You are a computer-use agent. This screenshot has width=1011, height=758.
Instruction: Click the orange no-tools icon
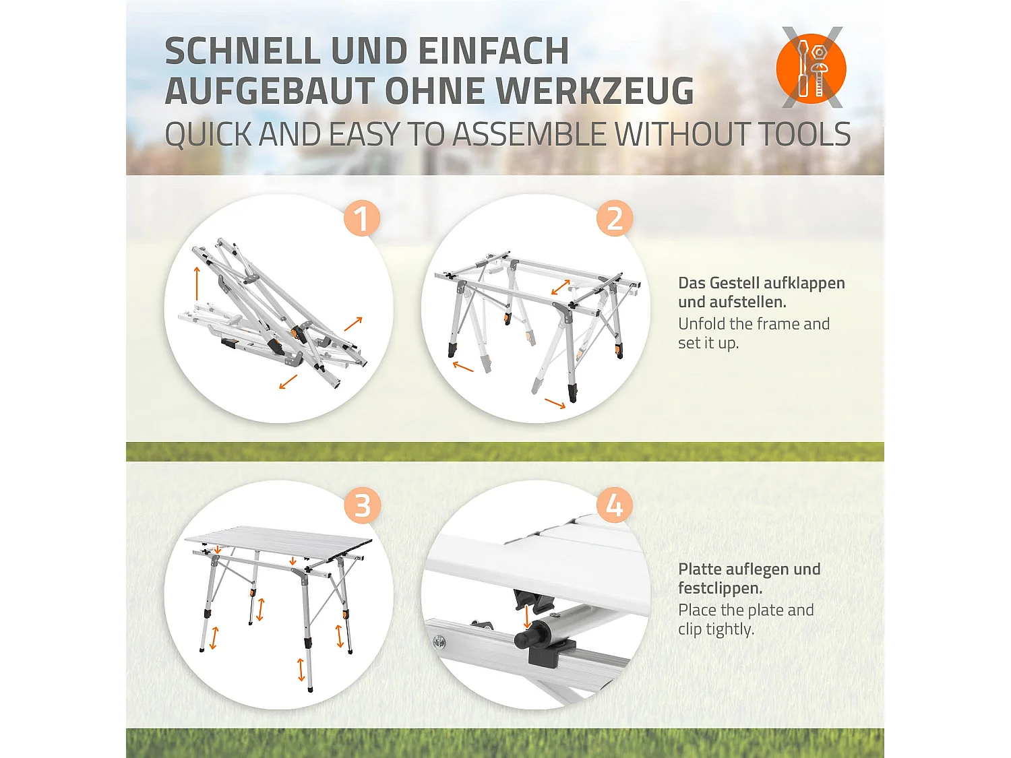(811, 68)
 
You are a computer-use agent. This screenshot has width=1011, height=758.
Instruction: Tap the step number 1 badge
(362, 218)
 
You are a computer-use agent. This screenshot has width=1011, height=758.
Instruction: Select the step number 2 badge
(615, 218)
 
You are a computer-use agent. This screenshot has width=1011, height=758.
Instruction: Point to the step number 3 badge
(362, 505)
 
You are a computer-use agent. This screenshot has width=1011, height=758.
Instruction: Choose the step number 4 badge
(615, 505)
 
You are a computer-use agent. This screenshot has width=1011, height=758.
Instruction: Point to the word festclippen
(720, 588)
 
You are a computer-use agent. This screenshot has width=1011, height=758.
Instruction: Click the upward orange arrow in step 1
(197, 283)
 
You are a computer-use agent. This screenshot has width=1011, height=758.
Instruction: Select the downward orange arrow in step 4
(527, 617)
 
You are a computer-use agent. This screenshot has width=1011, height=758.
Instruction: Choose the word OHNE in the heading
(433, 90)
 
